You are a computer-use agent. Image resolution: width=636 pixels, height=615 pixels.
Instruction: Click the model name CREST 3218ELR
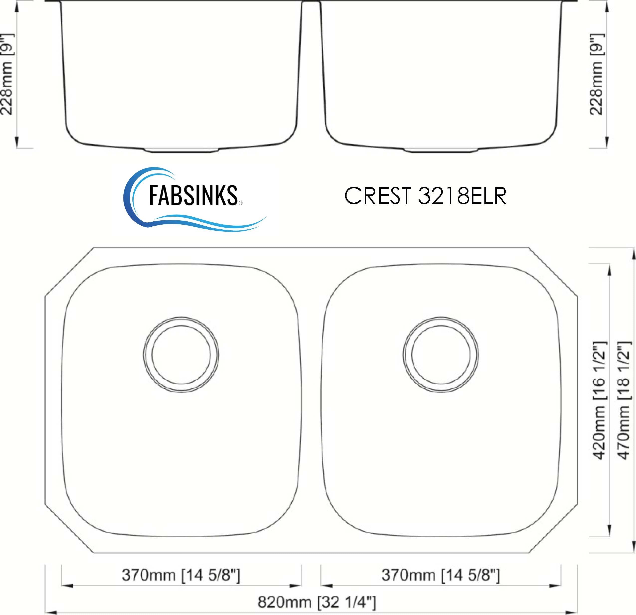pyautogui.click(x=425, y=196)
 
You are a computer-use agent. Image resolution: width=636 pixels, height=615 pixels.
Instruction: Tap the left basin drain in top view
pyautogui.click(x=181, y=355)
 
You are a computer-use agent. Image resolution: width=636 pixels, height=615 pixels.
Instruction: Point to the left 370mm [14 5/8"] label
pyautogui.click(x=181, y=575)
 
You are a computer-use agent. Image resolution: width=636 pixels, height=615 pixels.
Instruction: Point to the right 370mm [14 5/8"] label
pyautogui.click(x=441, y=575)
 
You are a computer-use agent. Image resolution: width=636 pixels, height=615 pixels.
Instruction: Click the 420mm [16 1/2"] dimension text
pyautogui.click(x=599, y=400)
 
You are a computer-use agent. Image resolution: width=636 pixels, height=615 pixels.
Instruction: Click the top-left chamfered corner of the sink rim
pyautogui.click(x=69, y=272)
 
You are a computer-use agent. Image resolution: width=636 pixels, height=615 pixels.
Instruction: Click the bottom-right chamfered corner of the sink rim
pyautogui.click(x=553, y=529)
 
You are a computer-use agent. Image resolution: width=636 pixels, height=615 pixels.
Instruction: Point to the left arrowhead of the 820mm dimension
pyautogui.click(x=49, y=611)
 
